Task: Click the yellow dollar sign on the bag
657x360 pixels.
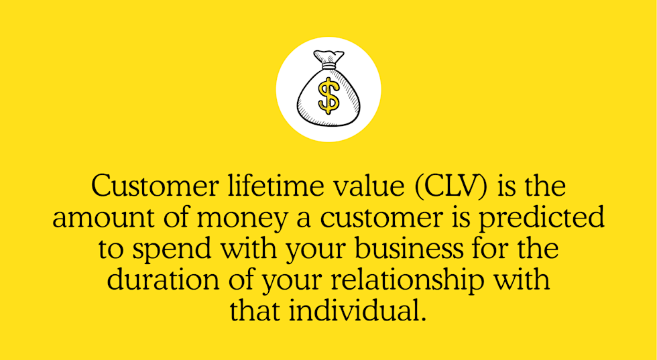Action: click(x=328, y=95)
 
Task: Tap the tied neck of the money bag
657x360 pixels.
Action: click(x=328, y=66)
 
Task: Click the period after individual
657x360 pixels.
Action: click(x=423, y=319)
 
